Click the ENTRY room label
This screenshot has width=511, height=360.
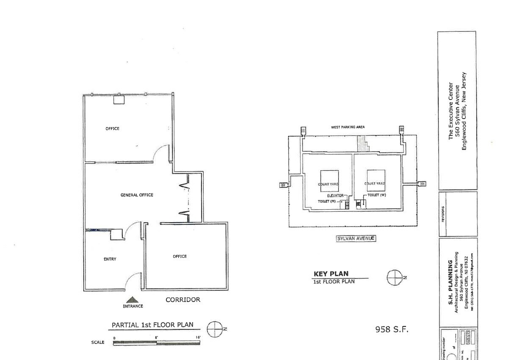click(110, 259)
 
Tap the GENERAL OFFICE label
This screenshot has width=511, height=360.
click(137, 195)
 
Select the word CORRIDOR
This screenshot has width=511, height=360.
click(182, 300)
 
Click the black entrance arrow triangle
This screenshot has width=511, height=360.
click(133, 300)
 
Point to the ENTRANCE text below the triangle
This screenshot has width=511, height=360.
click(133, 306)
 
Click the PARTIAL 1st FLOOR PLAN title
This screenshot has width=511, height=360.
click(152, 325)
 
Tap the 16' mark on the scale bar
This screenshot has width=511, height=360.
click(198, 337)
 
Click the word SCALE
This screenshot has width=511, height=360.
click(98, 342)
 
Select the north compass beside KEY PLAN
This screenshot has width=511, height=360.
click(394, 277)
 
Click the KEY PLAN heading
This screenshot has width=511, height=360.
click(331, 274)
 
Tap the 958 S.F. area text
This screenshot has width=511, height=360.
click(392, 329)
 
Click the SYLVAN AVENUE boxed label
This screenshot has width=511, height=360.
click(356, 238)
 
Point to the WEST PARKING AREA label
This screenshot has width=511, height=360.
click(348, 127)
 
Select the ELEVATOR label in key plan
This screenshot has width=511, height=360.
click(335, 196)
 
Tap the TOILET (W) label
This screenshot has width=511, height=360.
click(376, 195)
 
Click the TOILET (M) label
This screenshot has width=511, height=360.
click(327, 202)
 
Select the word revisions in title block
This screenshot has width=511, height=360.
click(443, 214)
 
